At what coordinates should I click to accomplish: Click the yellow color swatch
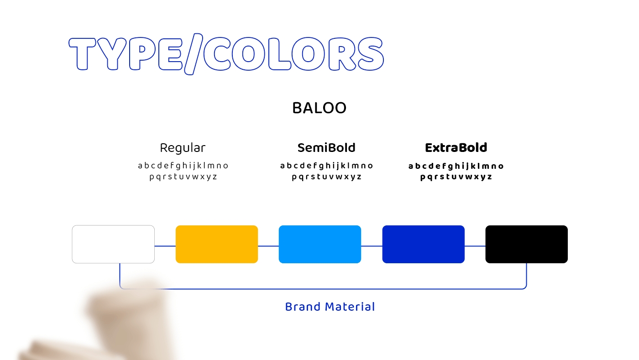tap(217, 244)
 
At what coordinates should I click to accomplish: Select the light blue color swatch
tap(320, 244)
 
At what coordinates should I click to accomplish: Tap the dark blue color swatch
tap(424, 244)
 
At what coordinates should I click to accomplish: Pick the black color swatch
tap(527, 244)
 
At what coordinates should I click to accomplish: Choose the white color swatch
tap(113, 244)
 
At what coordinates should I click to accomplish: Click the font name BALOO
tap(319, 108)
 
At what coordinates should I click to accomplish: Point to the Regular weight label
tap(183, 148)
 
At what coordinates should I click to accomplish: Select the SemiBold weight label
tap(326, 148)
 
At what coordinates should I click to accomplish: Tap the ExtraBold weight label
tap(456, 148)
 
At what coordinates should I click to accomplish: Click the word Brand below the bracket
tap(303, 307)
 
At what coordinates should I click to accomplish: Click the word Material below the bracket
tap(350, 307)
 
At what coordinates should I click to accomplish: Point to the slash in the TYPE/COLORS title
tap(194, 54)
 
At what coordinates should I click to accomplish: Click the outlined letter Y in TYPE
tap(112, 54)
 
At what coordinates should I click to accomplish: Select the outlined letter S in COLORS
tap(371, 54)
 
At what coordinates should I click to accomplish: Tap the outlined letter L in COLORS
tap(279, 54)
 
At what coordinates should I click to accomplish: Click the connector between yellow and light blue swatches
tap(268, 246)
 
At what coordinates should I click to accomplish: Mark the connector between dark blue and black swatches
tap(475, 246)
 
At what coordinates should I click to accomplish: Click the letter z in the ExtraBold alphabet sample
tap(489, 177)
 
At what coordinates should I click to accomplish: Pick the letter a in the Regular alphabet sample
tap(140, 166)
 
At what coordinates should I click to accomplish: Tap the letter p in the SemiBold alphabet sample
tap(294, 177)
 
